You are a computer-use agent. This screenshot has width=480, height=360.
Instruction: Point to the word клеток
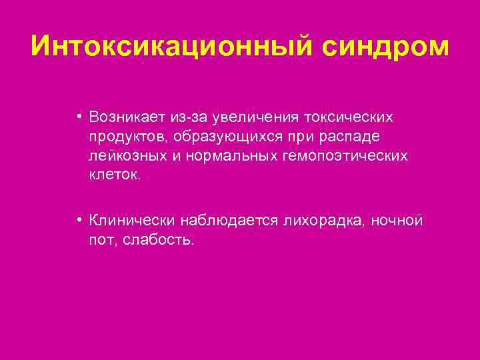pos(115,175)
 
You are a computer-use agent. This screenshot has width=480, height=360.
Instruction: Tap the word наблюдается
pos(224,221)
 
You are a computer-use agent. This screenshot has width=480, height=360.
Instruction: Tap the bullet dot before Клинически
pos(79,221)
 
